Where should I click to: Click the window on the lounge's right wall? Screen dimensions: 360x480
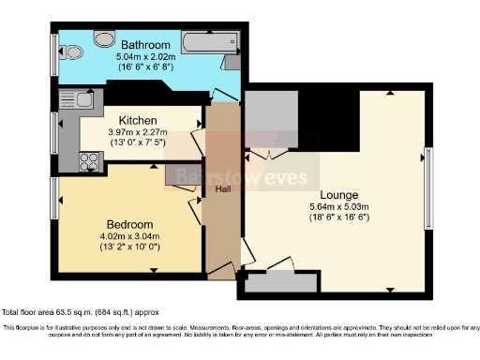428,187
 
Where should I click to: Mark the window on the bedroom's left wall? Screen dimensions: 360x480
54,200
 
